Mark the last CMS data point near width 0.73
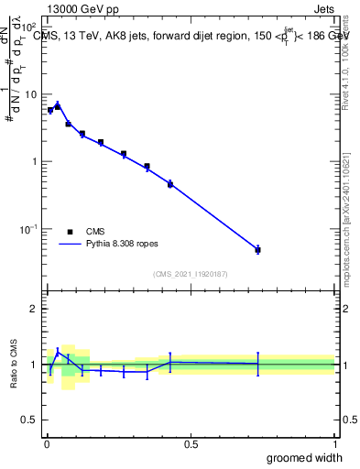coord(258,249)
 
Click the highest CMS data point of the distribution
coord(57,106)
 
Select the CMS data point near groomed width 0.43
coord(170,183)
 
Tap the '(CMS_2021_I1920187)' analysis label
coord(190,274)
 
